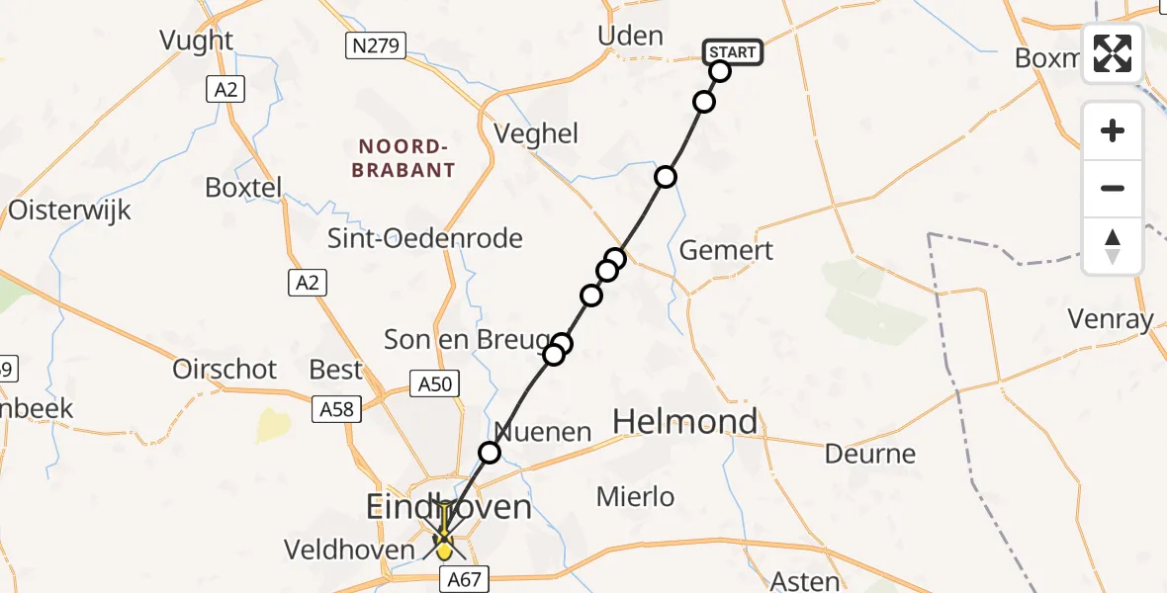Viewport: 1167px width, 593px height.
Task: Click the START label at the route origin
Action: tap(733, 52)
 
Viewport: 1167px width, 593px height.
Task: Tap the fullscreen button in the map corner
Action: tap(1113, 53)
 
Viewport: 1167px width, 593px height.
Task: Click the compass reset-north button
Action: tap(1113, 246)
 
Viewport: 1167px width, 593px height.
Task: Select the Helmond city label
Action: tap(685, 422)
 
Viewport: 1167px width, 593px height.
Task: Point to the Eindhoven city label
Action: tap(449, 507)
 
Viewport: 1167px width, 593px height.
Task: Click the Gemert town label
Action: tap(727, 250)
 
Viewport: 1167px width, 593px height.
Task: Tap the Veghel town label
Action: tap(535, 133)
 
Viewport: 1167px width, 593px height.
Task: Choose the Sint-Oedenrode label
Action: tap(426, 238)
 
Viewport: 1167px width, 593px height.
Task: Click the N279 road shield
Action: tap(377, 44)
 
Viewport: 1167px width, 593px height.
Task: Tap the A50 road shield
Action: tap(434, 382)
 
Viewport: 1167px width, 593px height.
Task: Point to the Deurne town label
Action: tap(870, 454)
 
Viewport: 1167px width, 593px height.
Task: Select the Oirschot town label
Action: tap(224, 369)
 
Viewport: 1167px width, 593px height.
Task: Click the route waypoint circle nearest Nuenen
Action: tap(490, 453)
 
